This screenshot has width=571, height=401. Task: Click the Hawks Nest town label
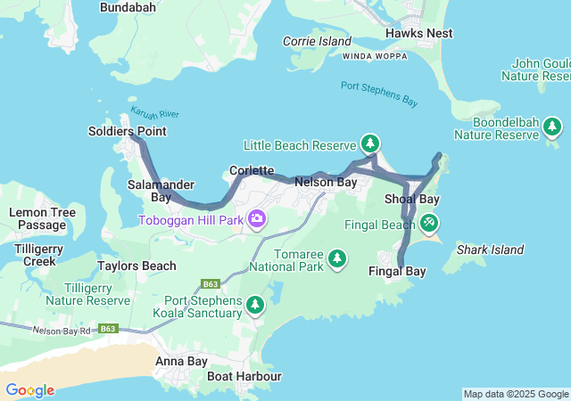pos(418,33)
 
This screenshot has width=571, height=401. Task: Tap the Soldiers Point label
pos(128,131)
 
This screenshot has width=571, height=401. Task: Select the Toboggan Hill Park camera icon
pos(258,218)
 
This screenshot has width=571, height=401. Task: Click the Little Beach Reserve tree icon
pos(370,143)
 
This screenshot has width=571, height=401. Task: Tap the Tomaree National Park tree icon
pos(336,258)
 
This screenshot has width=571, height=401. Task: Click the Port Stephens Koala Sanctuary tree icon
pos(256,306)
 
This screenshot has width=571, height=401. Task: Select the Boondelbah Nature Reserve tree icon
pos(552,128)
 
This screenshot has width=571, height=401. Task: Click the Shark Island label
pos(490,250)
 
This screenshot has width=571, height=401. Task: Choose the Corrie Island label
pos(317,41)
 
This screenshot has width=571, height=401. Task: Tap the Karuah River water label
pos(155,114)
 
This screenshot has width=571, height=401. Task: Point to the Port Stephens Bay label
pos(379,94)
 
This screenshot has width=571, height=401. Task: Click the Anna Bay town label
pos(181,361)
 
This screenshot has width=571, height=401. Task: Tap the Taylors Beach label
pos(137,266)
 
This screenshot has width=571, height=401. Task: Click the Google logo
pos(29,390)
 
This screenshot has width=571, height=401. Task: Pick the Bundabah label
pos(128,7)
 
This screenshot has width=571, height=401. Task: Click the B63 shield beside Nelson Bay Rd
pos(109,329)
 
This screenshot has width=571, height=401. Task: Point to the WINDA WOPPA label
pos(376,55)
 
